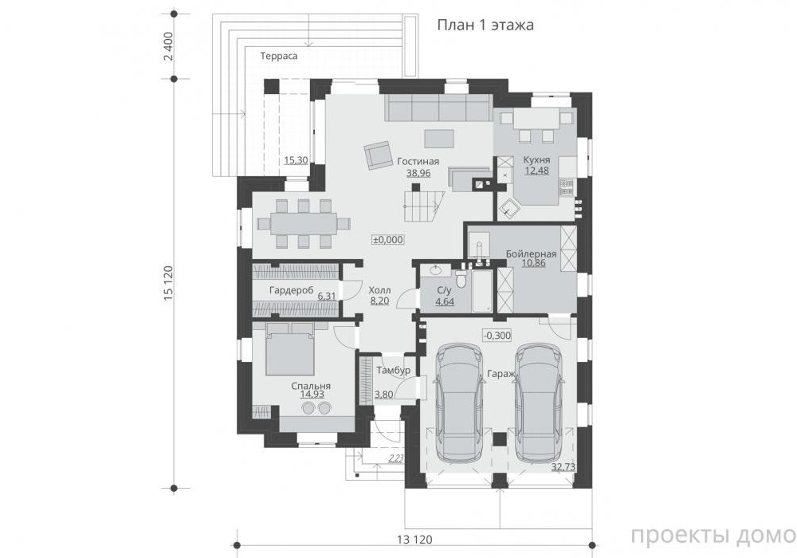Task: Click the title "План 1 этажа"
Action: pyautogui.click(x=485, y=25)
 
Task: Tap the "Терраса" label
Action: pyautogui.click(x=279, y=56)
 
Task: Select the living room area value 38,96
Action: pyautogui.click(x=418, y=173)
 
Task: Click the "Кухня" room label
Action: pyautogui.click(x=536, y=159)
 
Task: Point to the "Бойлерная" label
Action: pyautogui.click(x=531, y=253)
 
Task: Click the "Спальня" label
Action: pyautogui.click(x=311, y=386)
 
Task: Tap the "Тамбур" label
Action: pyautogui.click(x=394, y=371)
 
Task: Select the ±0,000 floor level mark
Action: pyautogui.click(x=388, y=240)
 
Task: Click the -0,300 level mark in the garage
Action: pyautogui.click(x=497, y=336)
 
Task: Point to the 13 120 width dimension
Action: pyautogui.click(x=414, y=539)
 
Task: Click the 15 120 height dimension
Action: pyautogui.click(x=169, y=283)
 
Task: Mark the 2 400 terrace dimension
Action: pyautogui.click(x=169, y=46)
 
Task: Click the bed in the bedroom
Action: pyautogui.click(x=289, y=348)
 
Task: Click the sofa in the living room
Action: pyautogui.click(x=438, y=108)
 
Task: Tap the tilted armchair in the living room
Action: pyautogui.click(x=377, y=154)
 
